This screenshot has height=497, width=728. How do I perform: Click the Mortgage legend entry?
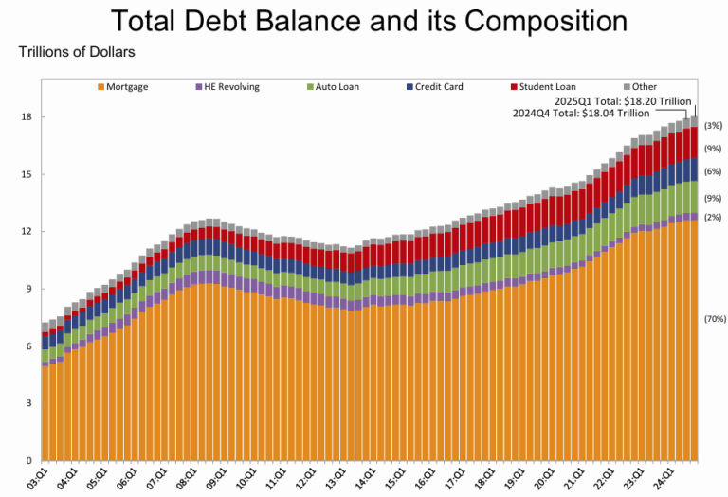click(122, 87)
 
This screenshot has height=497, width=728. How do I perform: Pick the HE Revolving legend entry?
click(227, 87)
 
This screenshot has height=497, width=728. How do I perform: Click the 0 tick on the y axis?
click(28, 461)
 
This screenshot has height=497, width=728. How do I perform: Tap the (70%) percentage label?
click(713, 320)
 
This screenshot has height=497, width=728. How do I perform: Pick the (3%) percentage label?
click(713, 126)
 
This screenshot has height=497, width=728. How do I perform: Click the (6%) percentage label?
click(713, 171)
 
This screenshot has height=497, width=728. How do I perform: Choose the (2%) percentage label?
click(713, 217)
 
